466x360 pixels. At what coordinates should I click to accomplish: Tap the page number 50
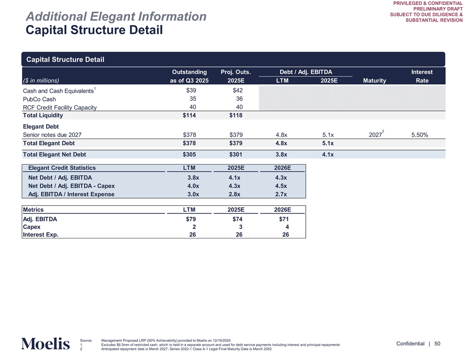pos(437,344)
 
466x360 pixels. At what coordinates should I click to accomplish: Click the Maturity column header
pos(374,80)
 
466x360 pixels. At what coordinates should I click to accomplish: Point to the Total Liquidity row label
pos(43,116)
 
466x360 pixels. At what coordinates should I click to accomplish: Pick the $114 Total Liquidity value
pos(189,116)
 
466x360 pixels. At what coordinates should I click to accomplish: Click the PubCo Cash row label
pos(39,99)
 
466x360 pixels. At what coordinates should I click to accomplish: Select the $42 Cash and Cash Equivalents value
pos(237,90)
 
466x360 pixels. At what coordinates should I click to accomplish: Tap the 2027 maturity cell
pos(376,135)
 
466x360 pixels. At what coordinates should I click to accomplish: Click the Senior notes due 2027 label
pos(52,135)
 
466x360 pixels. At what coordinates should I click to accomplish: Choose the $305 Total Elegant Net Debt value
pos(189,154)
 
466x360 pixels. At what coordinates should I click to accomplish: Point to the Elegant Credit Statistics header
pos(62,168)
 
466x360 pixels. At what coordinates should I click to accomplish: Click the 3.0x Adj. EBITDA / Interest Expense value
pos(193,194)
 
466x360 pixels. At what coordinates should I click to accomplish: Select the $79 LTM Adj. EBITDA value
pos(191,219)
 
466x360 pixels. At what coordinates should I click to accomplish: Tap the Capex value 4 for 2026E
pos(287,227)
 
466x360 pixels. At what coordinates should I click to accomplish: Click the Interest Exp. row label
pos(40,235)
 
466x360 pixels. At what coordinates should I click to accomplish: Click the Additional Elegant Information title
pos(116,17)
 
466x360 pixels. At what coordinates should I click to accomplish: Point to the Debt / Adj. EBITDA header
pos(306,72)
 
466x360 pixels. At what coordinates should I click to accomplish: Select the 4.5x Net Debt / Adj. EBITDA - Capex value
pos(281,186)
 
